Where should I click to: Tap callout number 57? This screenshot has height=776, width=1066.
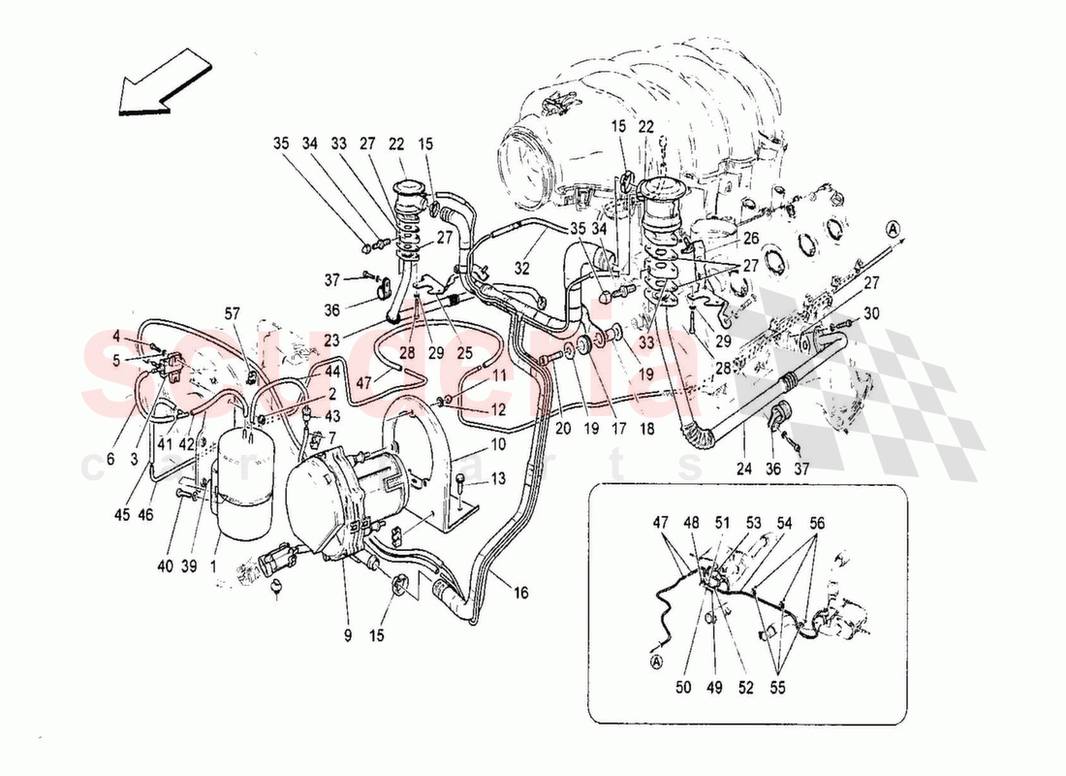(232, 313)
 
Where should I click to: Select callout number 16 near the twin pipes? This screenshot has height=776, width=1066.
(522, 591)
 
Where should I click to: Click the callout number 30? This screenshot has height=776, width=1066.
(870, 313)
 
